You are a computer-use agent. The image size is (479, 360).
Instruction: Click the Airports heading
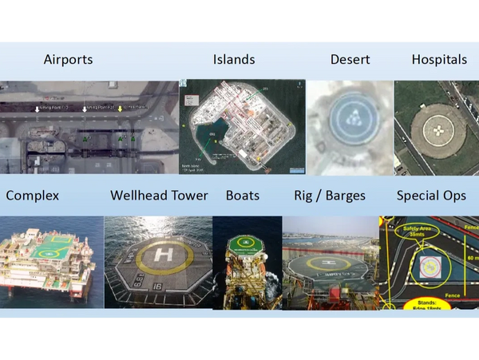pos(68,60)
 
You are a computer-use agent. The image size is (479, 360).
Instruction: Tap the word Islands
pos(234,60)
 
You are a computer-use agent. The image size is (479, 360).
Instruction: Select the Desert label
pos(351,60)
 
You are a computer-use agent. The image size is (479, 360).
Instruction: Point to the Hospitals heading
pos(439,60)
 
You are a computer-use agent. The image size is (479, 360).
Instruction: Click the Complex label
pos(32,196)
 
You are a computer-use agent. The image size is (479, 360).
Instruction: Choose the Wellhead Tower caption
pos(159,196)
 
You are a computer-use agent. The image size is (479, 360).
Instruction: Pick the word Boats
pos(243,196)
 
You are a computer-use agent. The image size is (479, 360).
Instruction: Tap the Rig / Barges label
pos(330,196)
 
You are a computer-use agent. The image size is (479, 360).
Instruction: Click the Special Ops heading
pos(431,196)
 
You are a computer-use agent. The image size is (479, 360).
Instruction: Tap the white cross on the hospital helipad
pos(437,129)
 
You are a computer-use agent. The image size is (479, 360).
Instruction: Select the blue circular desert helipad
pos(349,119)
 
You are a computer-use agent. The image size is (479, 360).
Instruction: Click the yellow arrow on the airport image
pos(121,109)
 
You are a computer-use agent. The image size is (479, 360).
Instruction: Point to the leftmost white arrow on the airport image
pos(38,109)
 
